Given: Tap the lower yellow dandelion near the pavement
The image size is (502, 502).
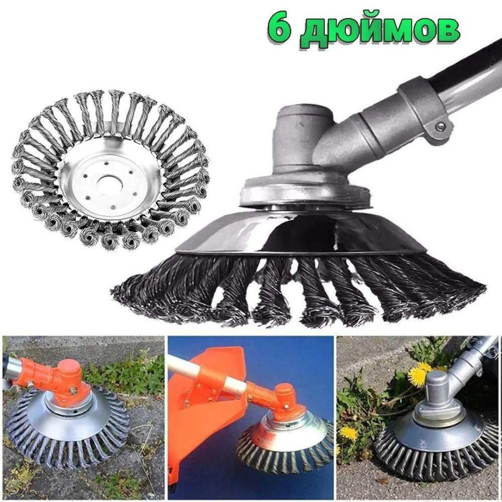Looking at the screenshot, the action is pyautogui.click(x=348, y=433).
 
